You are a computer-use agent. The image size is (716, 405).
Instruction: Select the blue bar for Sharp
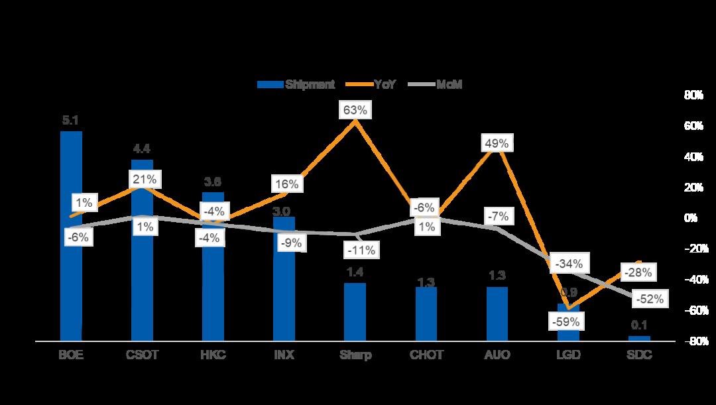click(355, 312)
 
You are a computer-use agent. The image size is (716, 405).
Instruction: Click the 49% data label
click(497, 143)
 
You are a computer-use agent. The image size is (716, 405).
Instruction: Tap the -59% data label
click(567, 322)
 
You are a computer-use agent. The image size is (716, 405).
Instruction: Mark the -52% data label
click(648, 299)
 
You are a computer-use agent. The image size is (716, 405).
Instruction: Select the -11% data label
click(362, 250)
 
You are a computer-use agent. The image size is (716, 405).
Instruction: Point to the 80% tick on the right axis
click(693, 95)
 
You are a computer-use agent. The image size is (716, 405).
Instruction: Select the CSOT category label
click(143, 355)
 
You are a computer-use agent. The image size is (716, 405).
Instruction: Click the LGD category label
click(567, 355)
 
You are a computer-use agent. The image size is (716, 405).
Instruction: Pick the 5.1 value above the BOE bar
click(70, 121)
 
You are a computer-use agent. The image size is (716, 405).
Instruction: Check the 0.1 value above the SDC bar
click(639, 325)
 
